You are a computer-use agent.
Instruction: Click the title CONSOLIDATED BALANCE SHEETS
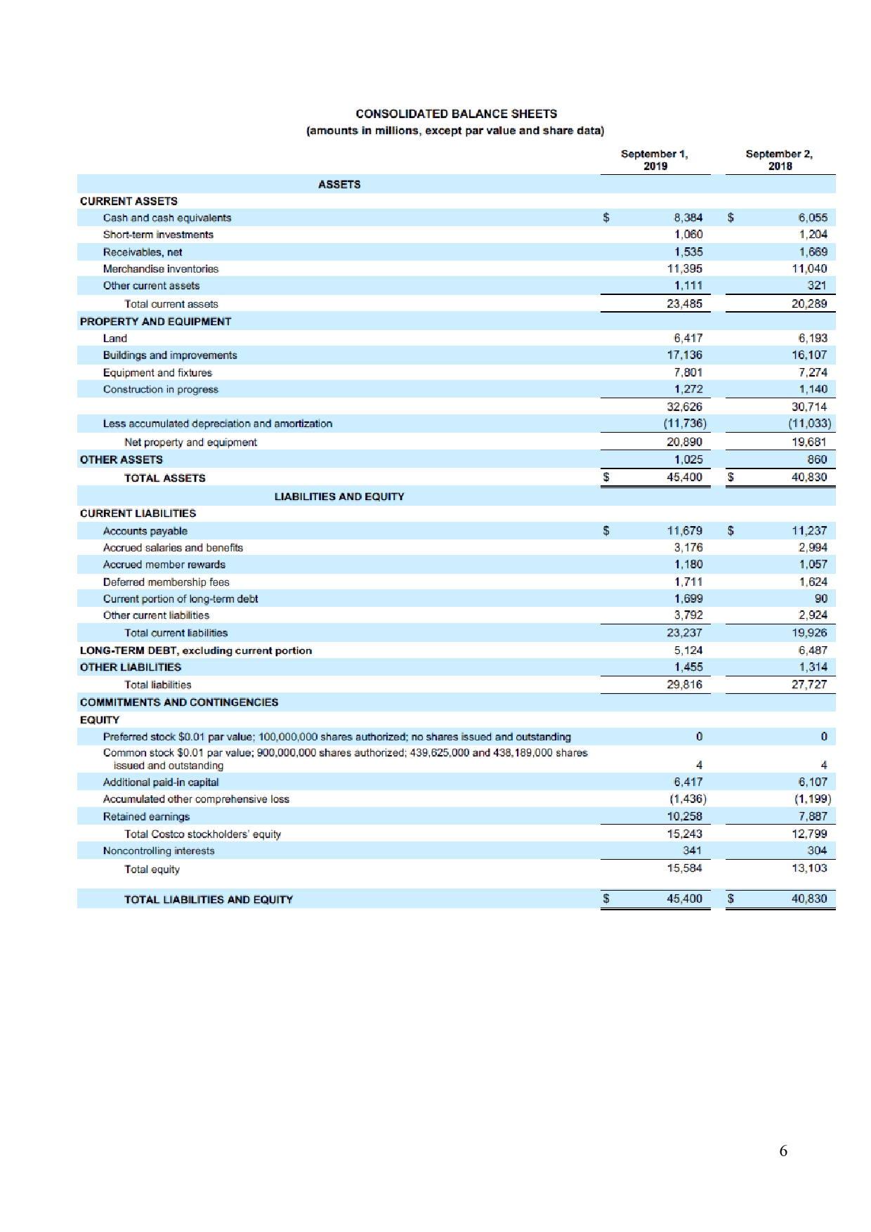[x=456, y=114]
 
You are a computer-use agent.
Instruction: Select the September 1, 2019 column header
[x=655, y=159]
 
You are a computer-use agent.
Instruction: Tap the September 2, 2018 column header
[x=779, y=159]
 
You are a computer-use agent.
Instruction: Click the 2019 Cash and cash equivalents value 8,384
[x=688, y=218]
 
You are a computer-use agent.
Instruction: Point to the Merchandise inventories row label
[x=160, y=269]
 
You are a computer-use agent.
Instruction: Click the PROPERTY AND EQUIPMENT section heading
[x=155, y=321]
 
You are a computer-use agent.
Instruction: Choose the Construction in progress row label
[x=160, y=389]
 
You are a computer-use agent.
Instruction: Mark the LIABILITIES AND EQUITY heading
[x=339, y=497]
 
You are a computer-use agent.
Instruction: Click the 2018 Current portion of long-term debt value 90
[x=820, y=598]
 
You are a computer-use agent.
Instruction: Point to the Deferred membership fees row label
[x=166, y=582]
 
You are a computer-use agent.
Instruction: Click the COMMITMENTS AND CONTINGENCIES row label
[x=178, y=702]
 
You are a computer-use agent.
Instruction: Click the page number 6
[x=782, y=1151]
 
